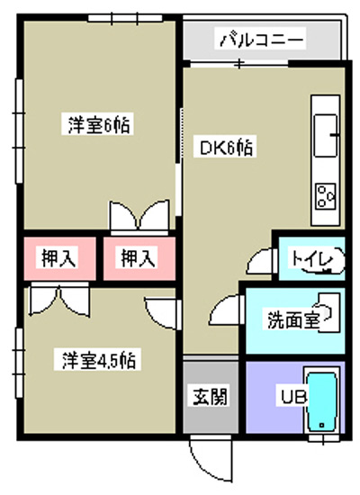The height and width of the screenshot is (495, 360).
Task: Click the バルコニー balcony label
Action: pyautogui.click(x=261, y=39)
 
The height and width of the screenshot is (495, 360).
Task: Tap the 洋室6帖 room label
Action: pyautogui.click(x=99, y=124)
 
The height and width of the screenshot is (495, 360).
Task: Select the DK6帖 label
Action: pyautogui.click(x=226, y=147)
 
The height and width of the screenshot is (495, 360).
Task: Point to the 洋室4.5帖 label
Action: pyautogui.click(x=98, y=360)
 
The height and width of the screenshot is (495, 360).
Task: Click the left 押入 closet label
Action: pyautogui.click(x=59, y=257)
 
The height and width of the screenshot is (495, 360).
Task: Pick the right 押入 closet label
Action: pyautogui.click(x=139, y=257)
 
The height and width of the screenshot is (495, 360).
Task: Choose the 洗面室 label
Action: pyautogui.click(x=292, y=320)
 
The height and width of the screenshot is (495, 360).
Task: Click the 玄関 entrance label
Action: pyautogui.click(x=210, y=396)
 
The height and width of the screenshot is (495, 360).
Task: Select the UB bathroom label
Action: pyautogui.click(x=293, y=398)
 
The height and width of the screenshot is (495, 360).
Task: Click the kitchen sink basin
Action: pyautogui.click(x=325, y=136)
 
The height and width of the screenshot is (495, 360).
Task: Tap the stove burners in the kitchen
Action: pyautogui.click(x=326, y=195)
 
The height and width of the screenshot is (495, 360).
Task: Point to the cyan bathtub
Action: pyautogui.click(x=322, y=401)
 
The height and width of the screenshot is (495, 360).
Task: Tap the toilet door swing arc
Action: pyautogui.click(x=256, y=259)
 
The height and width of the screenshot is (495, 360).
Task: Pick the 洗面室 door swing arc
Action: pyautogui.click(x=221, y=308)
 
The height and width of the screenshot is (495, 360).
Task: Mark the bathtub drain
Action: pyautogui.click(x=322, y=425)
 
